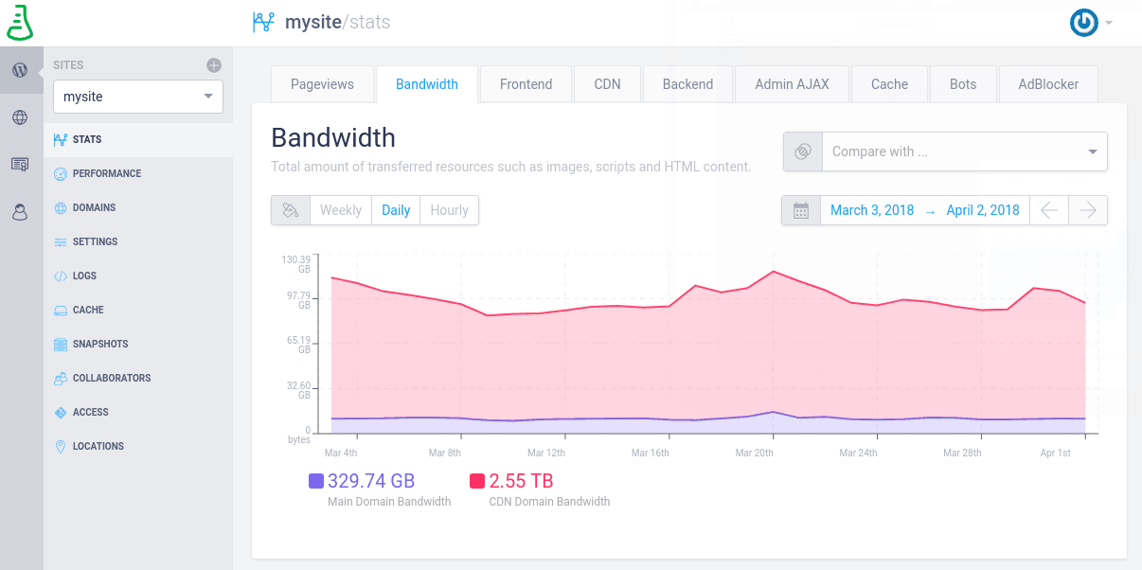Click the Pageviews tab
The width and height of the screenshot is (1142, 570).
coord(322,84)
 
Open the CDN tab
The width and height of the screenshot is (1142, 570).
coord(607,84)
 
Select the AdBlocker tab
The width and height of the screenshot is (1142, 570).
coord(1048,84)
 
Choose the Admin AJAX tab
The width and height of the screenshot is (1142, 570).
coord(792,84)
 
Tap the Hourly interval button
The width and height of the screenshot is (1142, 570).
coord(449,210)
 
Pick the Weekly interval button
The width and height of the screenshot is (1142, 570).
coord(341,210)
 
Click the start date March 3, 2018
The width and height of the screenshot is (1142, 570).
coord(872,210)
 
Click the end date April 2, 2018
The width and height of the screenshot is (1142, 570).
coord(983,210)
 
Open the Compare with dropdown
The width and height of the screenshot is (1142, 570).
coord(964,151)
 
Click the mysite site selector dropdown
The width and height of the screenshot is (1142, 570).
coord(138,97)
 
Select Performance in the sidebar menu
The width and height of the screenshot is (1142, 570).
coord(107,173)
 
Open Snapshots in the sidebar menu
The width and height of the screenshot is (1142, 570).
coord(100,344)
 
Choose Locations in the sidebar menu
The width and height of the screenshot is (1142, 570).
coord(98,446)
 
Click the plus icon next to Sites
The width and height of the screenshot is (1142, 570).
coord(214,65)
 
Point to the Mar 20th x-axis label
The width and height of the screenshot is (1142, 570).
coord(754,453)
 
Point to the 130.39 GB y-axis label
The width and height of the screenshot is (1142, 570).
coord(296,263)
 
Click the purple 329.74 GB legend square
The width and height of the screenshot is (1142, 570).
coord(316,481)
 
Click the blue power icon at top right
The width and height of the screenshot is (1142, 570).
coord(1083,23)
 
